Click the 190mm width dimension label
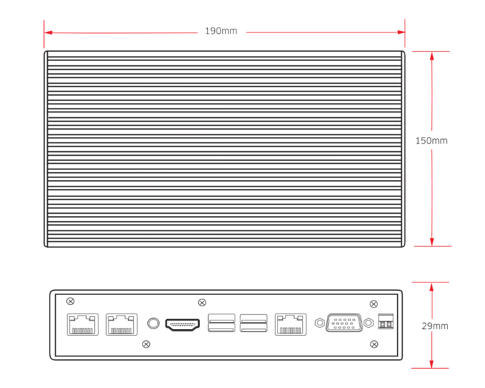click(x=221, y=31)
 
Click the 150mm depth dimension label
click(x=431, y=141)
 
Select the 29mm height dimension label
click(x=434, y=326)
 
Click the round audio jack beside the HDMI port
click(x=153, y=323)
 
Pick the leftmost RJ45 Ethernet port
click(x=83, y=324)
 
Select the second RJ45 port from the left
click(x=122, y=324)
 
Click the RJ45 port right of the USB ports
click(x=291, y=324)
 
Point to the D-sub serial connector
click(x=344, y=323)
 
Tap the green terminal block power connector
click(x=386, y=322)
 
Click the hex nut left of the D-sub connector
click(x=320, y=323)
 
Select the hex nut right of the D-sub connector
click(x=369, y=323)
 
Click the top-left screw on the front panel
click(x=70, y=301)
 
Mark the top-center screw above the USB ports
click(x=202, y=302)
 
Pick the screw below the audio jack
click(x=145, y=344)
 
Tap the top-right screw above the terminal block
click(x=373, y=303)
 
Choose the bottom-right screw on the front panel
click(x=373, y=344)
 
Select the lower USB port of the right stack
click(x=254, y=329)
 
